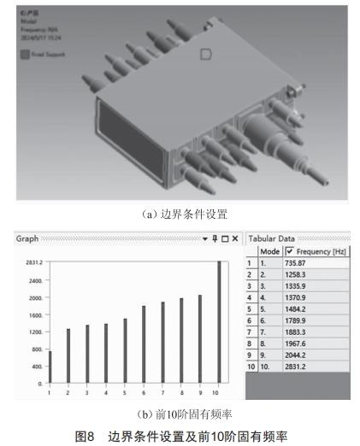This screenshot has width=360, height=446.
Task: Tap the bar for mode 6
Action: pyautogui.click(x=144, y=344)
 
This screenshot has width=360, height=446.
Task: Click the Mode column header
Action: pyautogui.click(x=270, y=253)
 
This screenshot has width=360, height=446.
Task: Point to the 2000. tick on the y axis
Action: pyautogui.click(x=33, y=298)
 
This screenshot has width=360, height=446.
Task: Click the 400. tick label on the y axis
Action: pyautogui.click(x=35, y=367)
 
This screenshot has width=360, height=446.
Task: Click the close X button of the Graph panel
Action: pyautogui.click(x=234, y=238)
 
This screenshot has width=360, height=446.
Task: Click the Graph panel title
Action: pyautogui.click(x=27, y=238)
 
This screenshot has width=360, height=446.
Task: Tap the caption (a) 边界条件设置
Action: pyautogui.click(x=179, y=214)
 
